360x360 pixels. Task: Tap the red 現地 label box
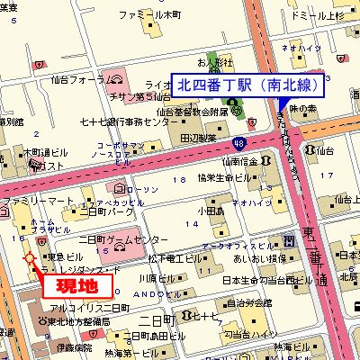77,287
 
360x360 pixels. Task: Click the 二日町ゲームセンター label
123,240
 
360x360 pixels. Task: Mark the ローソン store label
143,189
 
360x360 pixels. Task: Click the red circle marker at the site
30,258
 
